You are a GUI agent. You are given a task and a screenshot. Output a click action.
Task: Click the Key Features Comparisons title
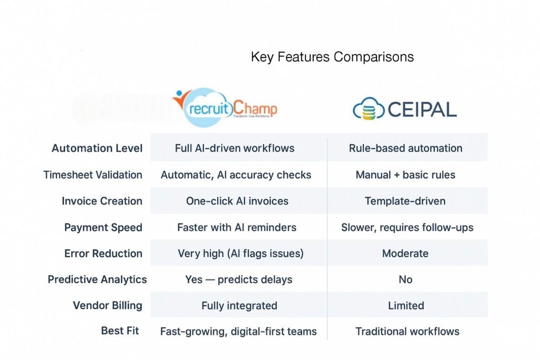click(332, 57)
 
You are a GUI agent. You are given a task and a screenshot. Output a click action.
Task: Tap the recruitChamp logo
click(225, 108)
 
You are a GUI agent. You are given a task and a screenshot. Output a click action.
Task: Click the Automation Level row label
click(97, 148)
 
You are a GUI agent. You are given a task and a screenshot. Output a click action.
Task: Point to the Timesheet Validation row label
click(93, 174)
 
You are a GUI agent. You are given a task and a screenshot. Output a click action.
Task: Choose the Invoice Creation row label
click(102, 201)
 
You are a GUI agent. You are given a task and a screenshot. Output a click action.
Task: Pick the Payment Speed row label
click(103, 227)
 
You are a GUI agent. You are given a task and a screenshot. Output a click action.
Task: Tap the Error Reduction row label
click(103, 253)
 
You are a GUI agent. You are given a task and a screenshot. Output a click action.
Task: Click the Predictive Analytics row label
click(98, 279)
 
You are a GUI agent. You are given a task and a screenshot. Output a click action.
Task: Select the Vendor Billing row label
click(108, 305)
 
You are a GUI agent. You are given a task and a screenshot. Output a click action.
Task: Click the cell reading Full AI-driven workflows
click(235, 148)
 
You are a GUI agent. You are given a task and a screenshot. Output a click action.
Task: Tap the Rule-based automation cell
click(406, 148)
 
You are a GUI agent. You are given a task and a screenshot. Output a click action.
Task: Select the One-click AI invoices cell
click(238, 201)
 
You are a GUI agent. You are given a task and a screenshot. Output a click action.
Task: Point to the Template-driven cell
click(405, 201)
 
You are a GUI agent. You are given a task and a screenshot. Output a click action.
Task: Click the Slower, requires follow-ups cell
click(407, 227)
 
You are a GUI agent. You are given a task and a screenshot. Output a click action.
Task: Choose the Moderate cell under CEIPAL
click(405, 253)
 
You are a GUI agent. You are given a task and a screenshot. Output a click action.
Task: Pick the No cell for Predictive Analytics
click(406, 279)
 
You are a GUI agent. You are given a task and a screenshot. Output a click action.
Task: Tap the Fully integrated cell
click(239, 305)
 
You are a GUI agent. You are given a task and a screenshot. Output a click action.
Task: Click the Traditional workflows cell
click(407, 331)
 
